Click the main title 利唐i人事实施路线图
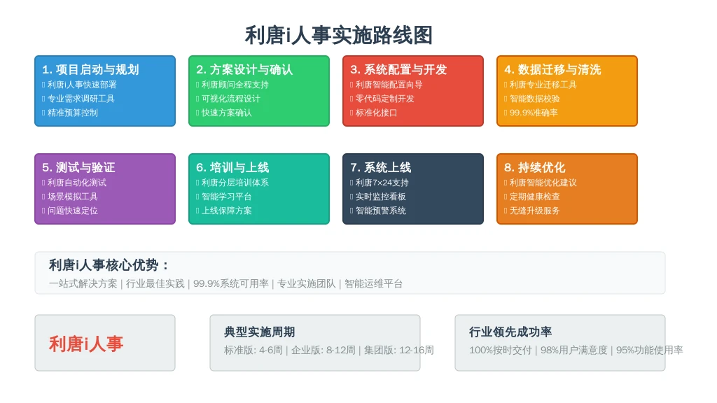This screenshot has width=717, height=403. tap(338, 35)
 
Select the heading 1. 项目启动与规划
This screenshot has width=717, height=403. tap(90, 69)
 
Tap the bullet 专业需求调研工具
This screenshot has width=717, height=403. tap(81, 99)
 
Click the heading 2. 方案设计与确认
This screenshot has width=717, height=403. tap(244, 69)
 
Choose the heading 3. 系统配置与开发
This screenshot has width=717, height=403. tap(398, 69)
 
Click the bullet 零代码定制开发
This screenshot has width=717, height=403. tap(385, 99)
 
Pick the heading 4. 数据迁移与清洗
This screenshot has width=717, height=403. tap(553, 69)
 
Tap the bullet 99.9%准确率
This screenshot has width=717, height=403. tap(534, 113)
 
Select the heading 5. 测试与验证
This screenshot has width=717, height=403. tap(78, 167)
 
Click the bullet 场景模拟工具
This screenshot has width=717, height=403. tap(73, 197)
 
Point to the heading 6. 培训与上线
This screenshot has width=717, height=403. tap(232, 167)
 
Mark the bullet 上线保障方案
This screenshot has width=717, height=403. tap(227, 211)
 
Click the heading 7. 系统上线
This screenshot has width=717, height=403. tap(381, 167)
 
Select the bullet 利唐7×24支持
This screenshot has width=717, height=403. tap(382, 183)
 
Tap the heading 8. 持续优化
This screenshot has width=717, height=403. tap(535, 167)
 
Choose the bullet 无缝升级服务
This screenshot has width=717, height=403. tap(535, 211)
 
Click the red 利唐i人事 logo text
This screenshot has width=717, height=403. tap(86, 344)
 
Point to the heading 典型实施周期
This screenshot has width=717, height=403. tap(259, 332)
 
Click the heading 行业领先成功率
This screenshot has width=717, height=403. tap(510, 332)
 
